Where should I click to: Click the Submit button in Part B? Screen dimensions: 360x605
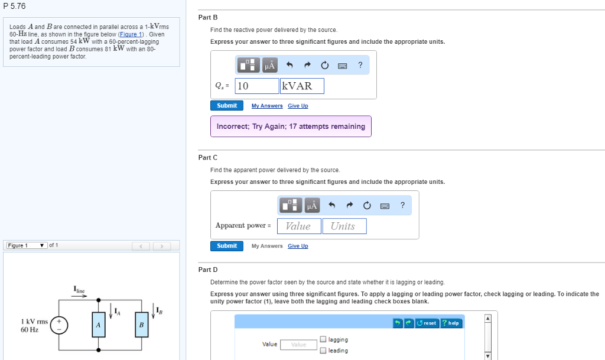click(227, 106)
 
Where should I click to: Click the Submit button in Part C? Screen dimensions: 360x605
click(227, 246)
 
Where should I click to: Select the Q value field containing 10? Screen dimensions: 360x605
click(257, 86)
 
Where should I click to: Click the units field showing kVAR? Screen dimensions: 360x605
click(302, 86)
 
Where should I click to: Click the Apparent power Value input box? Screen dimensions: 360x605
click(298, 226)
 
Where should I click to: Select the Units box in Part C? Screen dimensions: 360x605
click(344, 226)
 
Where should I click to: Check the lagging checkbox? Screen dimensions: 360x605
click(323, 340)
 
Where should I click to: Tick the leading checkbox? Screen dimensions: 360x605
click(323, 351)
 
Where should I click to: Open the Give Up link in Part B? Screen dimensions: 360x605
click(298, 106)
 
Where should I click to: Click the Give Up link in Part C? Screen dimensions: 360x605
click(298, 246)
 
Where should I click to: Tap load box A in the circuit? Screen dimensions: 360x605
click(98, 325)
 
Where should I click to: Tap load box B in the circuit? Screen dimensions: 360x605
click(141, 325)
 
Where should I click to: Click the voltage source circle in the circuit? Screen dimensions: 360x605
click(59, 325)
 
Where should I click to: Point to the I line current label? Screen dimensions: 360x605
click(79, 290)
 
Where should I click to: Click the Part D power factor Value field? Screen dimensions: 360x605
click(298, 345)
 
